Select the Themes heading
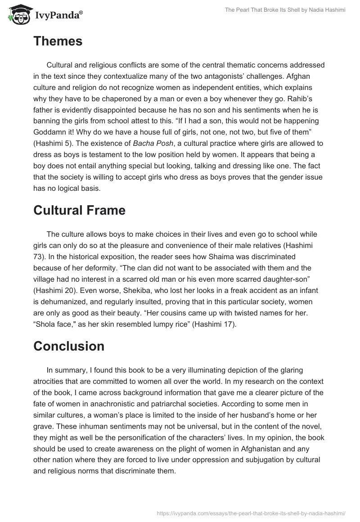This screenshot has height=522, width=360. point(58,41)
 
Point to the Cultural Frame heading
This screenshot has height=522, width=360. point(79,210)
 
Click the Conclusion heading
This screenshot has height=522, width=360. point(69,346)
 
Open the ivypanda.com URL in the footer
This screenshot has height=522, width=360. point(251,513)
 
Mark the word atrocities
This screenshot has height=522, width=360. point(51,381)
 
